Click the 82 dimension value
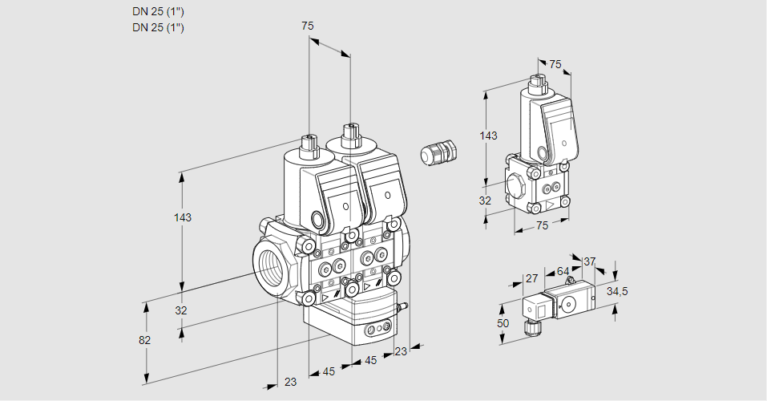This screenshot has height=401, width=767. (x=144, y=340)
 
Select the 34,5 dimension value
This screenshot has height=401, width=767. (x=617, y=291)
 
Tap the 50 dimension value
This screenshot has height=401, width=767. (x=503, y=322)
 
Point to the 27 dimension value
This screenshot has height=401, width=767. (x=531, y=279)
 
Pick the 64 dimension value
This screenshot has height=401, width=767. (x=563, y=272)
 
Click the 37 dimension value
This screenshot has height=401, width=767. (x=589, y=261)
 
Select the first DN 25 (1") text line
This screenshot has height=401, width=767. (x=158, y=12)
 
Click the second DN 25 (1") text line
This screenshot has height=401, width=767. (x=158, y=28)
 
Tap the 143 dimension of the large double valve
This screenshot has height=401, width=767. (x=184, y=217)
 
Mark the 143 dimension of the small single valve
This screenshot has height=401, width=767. (x=488, y=136)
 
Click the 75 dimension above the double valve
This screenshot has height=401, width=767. (x=308, y=26)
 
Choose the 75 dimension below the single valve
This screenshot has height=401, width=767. (x=542, y=226)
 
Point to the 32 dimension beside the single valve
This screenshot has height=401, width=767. (x=485, y=200)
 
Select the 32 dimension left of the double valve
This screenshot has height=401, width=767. (x=180, y=310)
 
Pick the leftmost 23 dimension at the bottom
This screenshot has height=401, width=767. (x=290, y=382)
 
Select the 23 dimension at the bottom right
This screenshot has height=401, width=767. (x=401, y=350)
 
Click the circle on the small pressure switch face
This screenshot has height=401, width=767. (x=569, y=302)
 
